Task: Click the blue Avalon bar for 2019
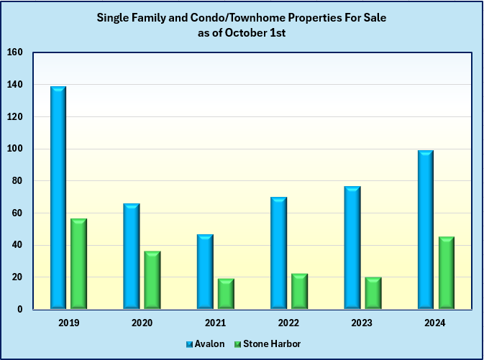pos(58,198)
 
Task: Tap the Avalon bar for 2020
pos(132,257)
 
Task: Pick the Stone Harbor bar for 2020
pos(152,280)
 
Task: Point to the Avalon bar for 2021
pos(206,272)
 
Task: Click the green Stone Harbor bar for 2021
pos(226,294)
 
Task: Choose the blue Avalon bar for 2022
pos(279,253)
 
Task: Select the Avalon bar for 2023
pos(352,248)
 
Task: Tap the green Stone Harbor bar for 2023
pos(373,293)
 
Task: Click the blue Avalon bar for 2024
pos(426,230)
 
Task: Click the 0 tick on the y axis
pos(19,309)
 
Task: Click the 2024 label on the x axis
pos(436,323)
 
